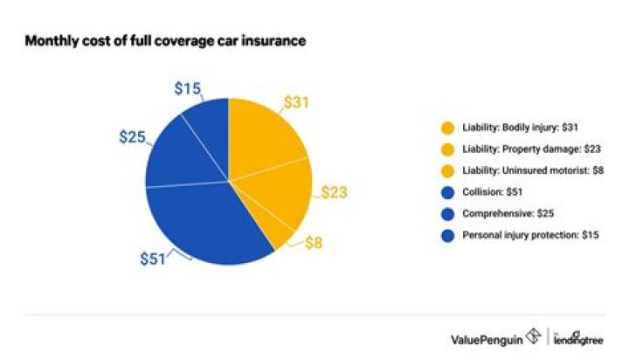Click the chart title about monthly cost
[165, 41]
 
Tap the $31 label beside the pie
[297, 103]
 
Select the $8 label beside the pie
[313, 244]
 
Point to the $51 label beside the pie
[154, 258]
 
